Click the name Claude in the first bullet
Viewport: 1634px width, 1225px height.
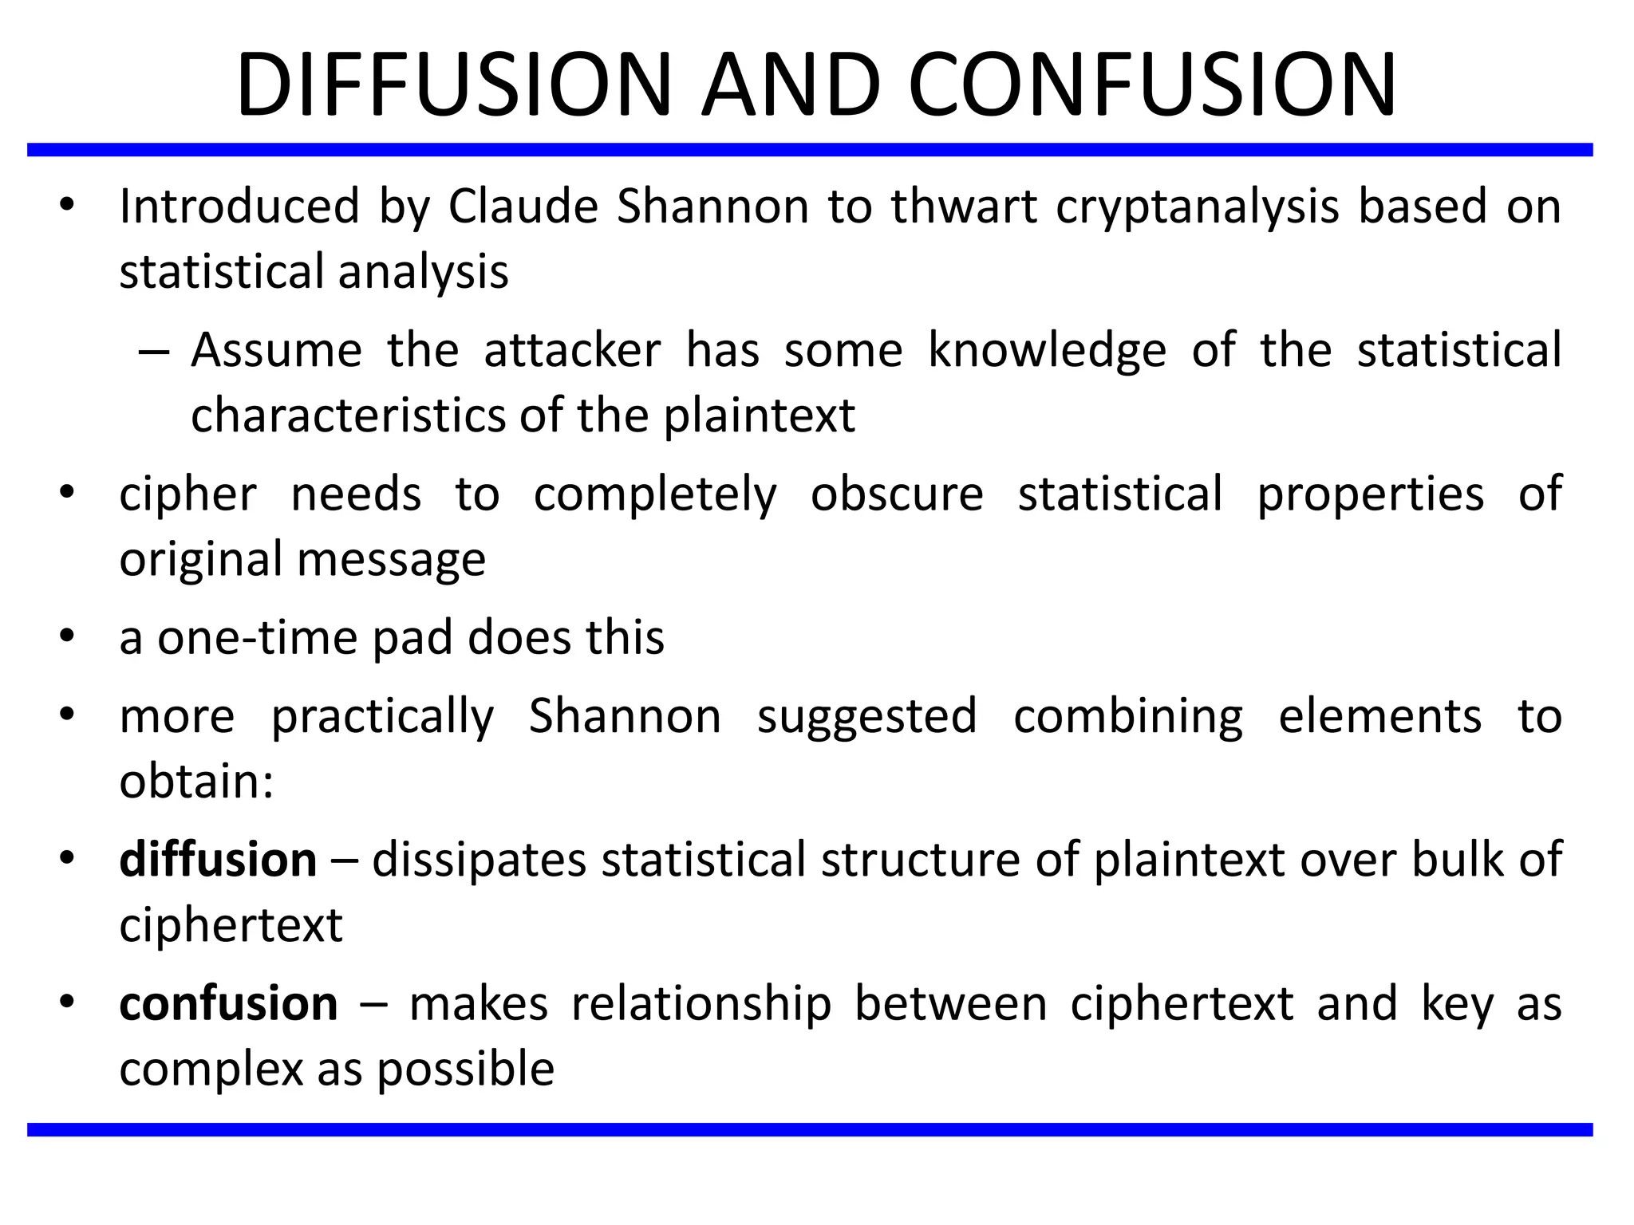[x=523, y=206]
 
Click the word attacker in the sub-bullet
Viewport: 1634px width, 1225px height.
[x=572, y=350]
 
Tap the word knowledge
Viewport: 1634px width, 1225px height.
[x=1047, y=350]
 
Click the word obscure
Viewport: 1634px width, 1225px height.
[x=897, y=494]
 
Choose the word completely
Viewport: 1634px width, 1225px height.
[x=655, y=494]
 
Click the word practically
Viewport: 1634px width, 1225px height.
[x=382, y=715]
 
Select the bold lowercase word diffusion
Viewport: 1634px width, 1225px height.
[x=218, y=860]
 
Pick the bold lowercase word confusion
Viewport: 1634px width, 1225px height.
[x=228, y=1003]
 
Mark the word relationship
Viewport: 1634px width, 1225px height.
[x=701, y=1003]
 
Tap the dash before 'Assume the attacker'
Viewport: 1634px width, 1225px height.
[x=154, y=352]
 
